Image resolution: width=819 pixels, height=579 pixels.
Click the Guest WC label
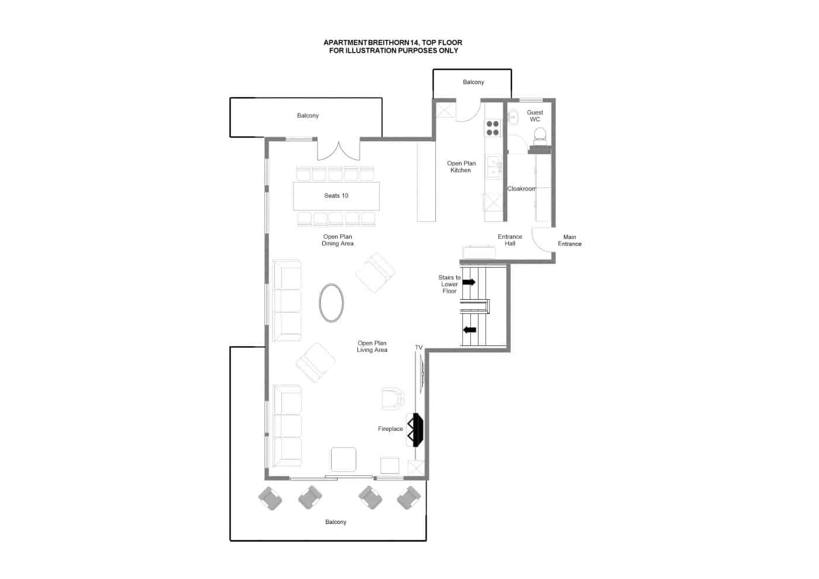click(x=535, y=116)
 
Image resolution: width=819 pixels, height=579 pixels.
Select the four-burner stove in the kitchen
click(x=493, y=128)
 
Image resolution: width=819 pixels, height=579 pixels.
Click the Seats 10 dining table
click(x=336, y=196)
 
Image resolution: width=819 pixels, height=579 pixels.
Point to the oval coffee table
click(x=331, y=303)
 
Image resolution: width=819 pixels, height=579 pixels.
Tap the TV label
click(x=419, y=347)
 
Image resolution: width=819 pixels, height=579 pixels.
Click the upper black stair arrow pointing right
click(x=469, y=282)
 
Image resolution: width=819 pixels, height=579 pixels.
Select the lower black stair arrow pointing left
click(x=469, y=330)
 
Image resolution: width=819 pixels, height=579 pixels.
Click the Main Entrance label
click(x=569, y=241)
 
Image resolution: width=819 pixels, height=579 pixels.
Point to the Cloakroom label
click(x=521, y=189)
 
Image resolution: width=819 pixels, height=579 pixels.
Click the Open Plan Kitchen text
click(x=461, y=166)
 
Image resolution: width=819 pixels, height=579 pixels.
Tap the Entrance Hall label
click(x=510, y=240)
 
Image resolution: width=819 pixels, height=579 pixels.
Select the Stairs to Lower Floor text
click(x=449, y=284)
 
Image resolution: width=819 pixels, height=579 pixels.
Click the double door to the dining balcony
click(x=339, y=150)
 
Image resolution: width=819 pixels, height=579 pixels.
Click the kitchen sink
click(x=493, y=167)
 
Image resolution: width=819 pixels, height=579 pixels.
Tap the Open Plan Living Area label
click(x=372, y=346)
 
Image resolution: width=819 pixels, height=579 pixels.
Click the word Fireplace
click(x=390, y=429)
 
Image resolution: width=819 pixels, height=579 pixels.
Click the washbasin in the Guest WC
click(x=513, y=117)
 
